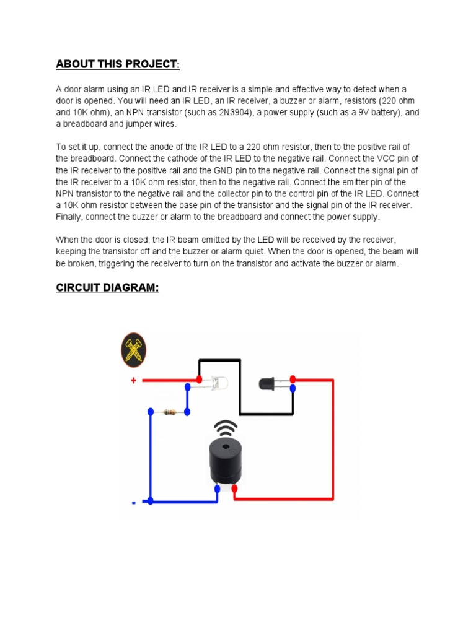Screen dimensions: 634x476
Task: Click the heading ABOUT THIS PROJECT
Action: tap(118, 64)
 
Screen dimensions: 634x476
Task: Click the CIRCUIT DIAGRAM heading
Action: tap(107, 288)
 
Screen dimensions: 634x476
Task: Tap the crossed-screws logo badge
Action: tap(133, 350)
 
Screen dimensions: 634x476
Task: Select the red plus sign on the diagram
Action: tap(133, 381)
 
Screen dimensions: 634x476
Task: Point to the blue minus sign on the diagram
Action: tap(133, 502)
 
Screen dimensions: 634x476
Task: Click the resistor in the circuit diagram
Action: tap(169, 411)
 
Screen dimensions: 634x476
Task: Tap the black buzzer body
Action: tap(226, 461)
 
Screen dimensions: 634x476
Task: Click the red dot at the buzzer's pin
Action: tap(235, 489)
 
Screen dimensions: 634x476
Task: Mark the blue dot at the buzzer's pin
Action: tap(217, 489)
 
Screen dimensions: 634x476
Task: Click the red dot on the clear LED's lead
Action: tap(199, 379)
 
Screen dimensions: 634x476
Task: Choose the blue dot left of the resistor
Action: tap(151, 411)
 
